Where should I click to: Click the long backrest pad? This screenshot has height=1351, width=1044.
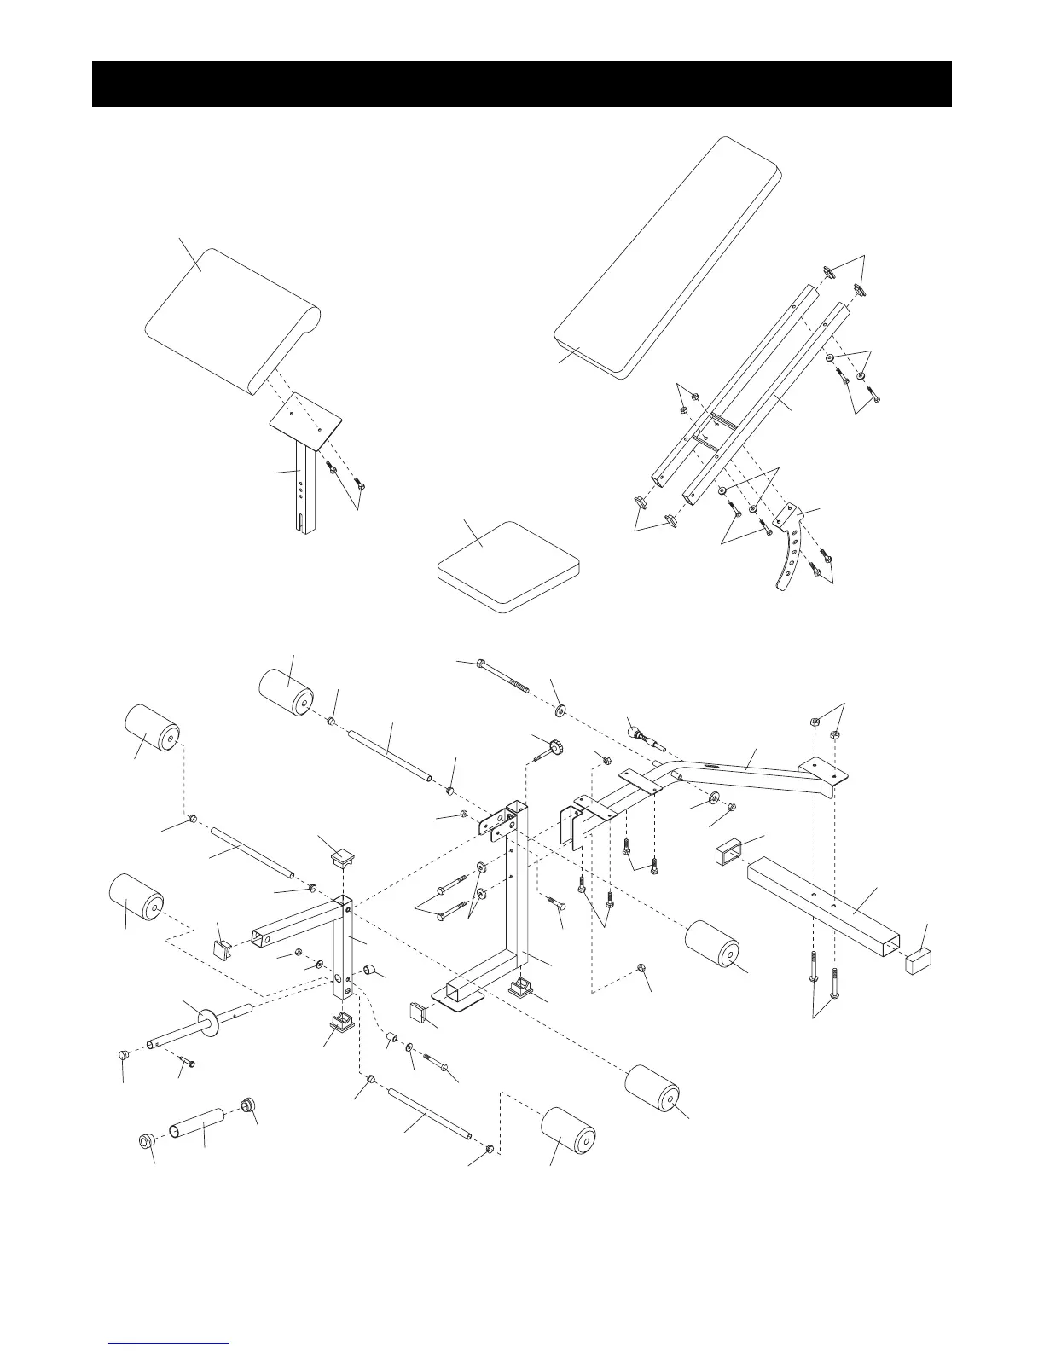click(670, 256)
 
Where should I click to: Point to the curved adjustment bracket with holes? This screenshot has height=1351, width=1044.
click(791, 546)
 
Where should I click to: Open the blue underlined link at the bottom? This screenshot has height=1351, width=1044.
click(170, 1343)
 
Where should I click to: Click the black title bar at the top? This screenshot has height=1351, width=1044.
click(521, 84)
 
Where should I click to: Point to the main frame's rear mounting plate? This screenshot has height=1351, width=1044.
click(823, 773)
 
